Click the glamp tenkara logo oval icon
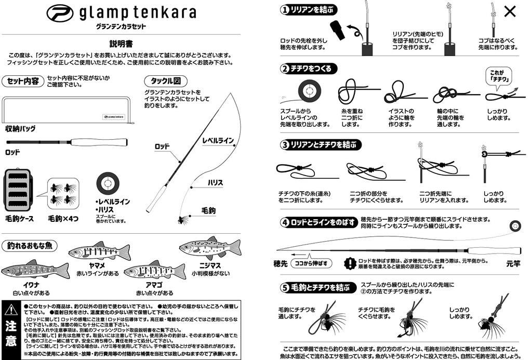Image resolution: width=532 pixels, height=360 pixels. point(60,13)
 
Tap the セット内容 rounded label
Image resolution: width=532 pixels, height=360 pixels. point(23,81)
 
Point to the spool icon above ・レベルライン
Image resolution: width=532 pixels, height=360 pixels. point(109,183)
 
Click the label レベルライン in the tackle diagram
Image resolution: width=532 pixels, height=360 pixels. point(218,140)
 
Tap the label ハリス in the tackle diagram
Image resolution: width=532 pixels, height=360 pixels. point(215,183)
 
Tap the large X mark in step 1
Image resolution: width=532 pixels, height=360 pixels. point(510,11)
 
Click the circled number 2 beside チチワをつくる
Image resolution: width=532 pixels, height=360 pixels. point(284,69)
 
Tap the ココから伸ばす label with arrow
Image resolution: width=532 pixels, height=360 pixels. point(310,263)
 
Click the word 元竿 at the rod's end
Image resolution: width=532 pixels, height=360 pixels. point(513,263)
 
